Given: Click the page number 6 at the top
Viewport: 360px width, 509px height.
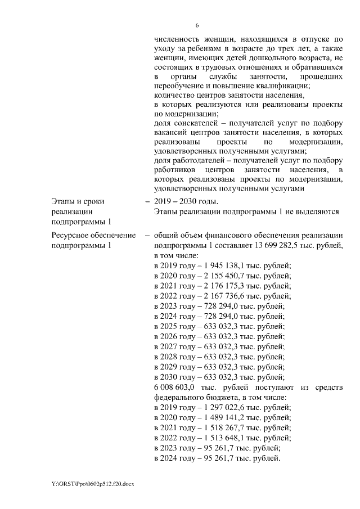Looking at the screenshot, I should point(197,25).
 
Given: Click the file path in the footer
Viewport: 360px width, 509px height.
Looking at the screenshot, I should point(84,484).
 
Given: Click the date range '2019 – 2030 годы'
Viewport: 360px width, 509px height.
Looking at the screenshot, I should point(186,202).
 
